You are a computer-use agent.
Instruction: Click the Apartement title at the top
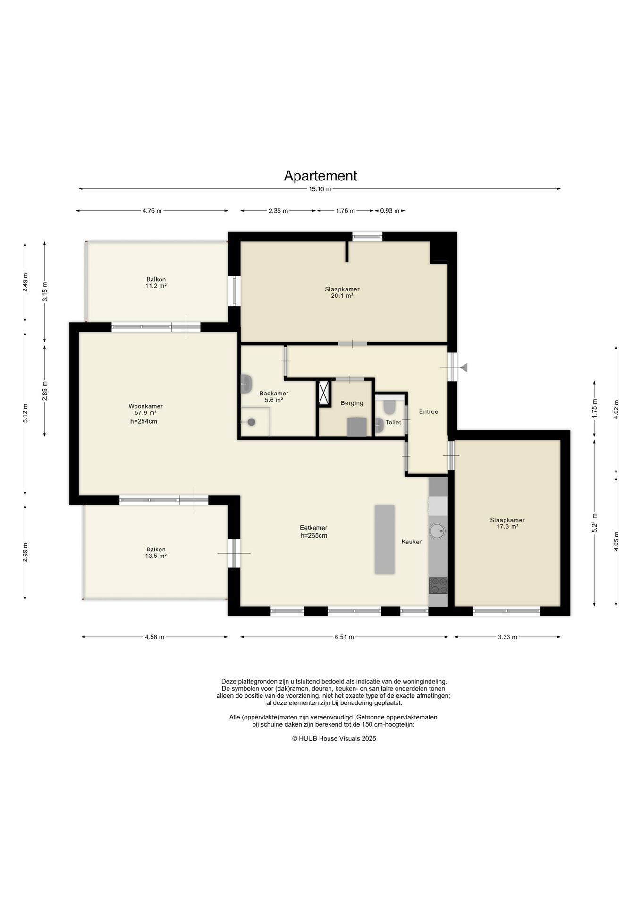320,176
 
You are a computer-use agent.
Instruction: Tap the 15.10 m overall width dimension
320,189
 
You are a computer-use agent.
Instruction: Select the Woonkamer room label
145,406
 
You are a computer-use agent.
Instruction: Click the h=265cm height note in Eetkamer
313,536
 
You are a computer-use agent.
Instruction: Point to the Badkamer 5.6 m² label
274,396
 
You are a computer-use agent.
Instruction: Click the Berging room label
352,403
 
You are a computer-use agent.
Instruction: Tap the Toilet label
393,422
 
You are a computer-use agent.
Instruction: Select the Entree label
429,411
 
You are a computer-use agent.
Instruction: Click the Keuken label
412,542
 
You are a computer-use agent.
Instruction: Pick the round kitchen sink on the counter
438,531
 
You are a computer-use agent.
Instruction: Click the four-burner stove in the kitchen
438,586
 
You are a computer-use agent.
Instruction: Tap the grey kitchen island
385,539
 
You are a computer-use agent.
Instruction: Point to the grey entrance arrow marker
464,367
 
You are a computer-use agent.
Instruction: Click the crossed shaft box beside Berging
324,393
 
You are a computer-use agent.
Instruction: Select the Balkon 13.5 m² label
156,553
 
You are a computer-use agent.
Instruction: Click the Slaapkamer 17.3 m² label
507,523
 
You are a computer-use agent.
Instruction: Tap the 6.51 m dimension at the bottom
344,637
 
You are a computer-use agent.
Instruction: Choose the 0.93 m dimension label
390,211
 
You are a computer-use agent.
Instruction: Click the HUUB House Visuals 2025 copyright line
334,738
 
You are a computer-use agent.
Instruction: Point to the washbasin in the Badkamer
246,384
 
